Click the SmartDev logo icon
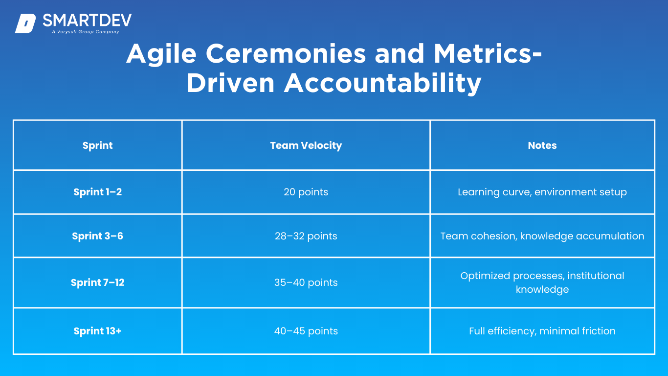pos(25,23)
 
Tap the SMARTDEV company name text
pos(87,20)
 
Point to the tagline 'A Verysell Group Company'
pos(86,32)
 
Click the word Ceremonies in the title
pos(286,54)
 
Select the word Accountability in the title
pos(382,84)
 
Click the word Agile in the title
pos(161,54)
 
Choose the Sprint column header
pos(97,145)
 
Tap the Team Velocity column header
pos(306,145)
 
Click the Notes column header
pos(542,145)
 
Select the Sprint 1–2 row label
pos(97,192)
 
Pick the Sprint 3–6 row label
pos(97,236)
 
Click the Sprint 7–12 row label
pos(97,282)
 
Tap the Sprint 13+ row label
pos(97,331)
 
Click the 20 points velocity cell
pos(306,192)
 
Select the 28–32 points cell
pos(306,236)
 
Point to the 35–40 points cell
pos(306,282)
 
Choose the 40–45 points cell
pos(306,331)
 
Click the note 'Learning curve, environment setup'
pos(542,192)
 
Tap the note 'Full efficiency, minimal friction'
pos(542,331)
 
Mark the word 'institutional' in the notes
pos(596,276)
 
